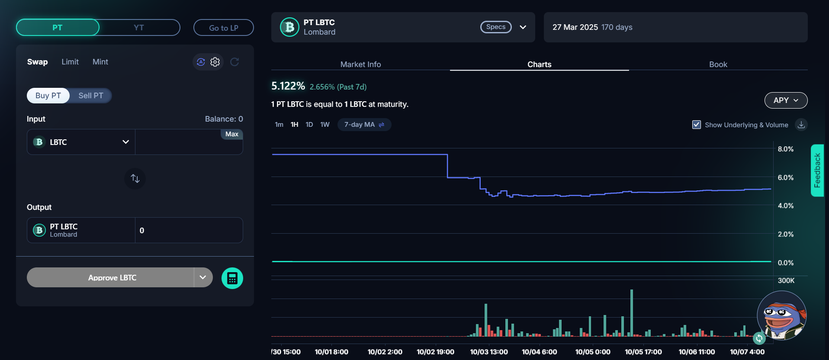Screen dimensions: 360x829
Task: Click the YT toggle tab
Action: click(138, 28)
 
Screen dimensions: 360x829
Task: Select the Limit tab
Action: click(70, 62)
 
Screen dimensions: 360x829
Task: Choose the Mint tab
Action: click(100, 62)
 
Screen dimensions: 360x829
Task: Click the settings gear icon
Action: click(215, 62)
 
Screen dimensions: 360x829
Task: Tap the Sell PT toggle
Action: click(91, 96)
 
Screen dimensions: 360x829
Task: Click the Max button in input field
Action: click(232, 134)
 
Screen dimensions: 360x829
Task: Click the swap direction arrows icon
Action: click(135, 178)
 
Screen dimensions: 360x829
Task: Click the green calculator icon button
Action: click(232, 278)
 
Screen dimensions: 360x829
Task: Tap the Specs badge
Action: click(496, 27)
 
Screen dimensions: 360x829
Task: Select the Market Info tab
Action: click(360, 64)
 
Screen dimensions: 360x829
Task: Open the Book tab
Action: click(718, 64)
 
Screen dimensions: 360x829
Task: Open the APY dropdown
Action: click(786, 100)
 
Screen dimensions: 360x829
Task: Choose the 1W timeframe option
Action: click(325, 125)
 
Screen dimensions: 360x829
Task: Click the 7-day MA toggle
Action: click(364, 125)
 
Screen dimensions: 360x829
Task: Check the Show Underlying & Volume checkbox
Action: click(697, 125)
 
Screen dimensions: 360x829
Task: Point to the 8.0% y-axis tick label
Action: click(785, 149)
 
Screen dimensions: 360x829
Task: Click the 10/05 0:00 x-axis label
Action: click(593, 352)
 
